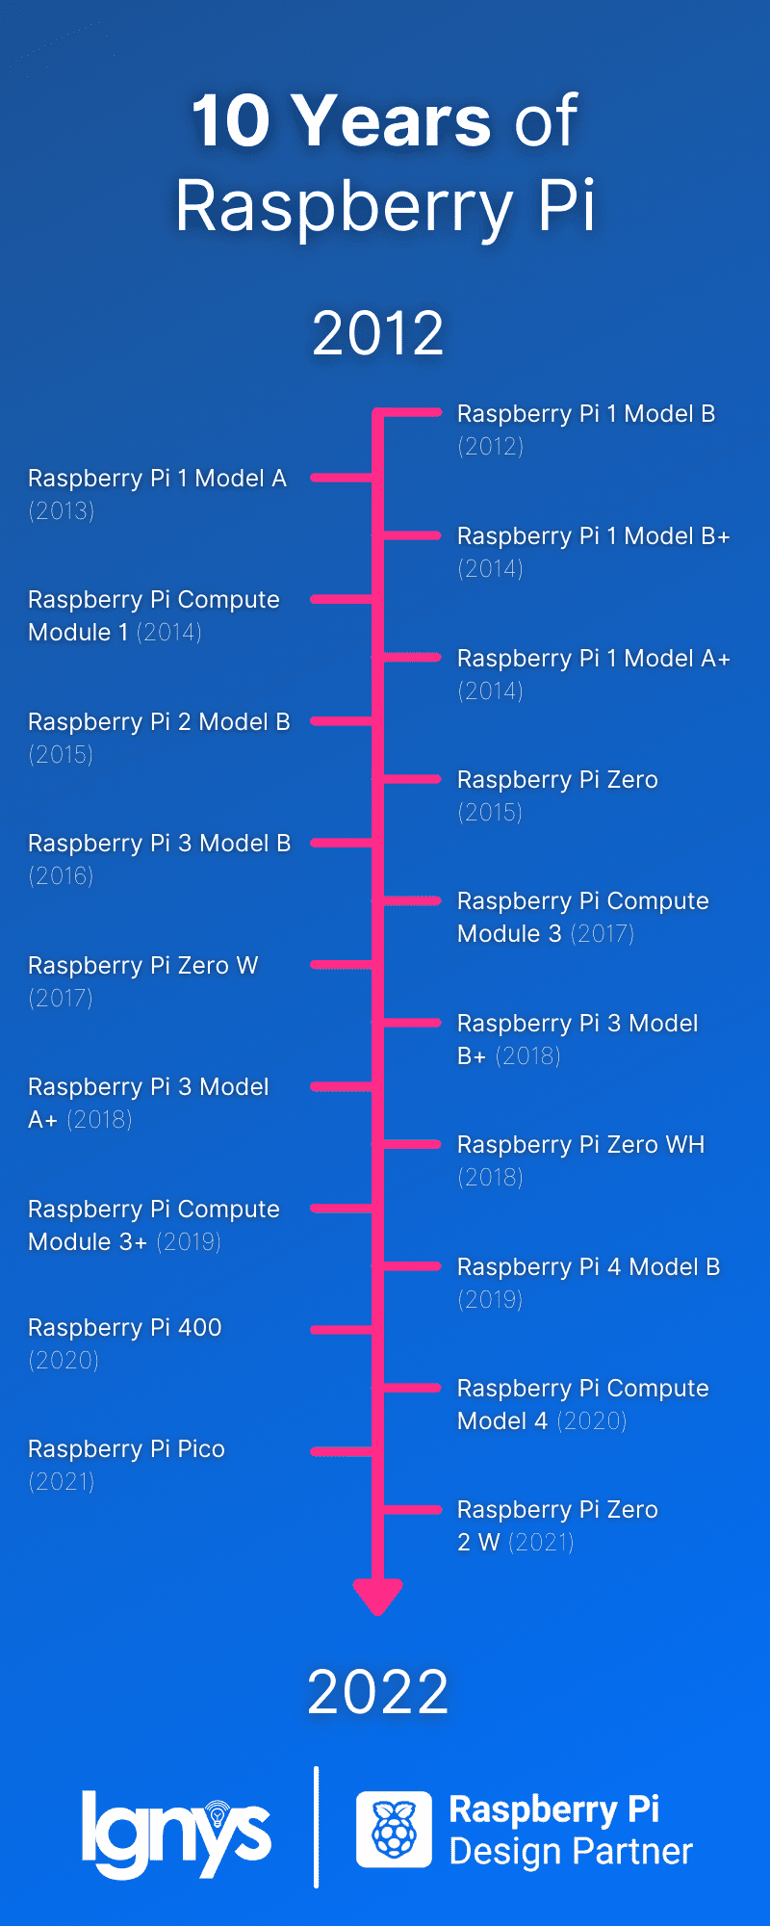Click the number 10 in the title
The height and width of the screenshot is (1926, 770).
click(x=231, y=121)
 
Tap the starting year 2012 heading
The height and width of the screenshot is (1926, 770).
click(x=378, y=333)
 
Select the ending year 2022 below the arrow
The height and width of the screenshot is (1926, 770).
click(x=378, y=1692)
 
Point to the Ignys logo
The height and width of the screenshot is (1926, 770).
click(x=176, y=1833)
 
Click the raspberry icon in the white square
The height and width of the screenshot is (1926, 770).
click(x=394, y=1829)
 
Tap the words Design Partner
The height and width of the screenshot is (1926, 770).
click(x=571, y=1851)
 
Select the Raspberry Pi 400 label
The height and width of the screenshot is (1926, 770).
click(x=125, y=1327)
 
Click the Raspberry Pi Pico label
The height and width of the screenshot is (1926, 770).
click(x=127, y=1448)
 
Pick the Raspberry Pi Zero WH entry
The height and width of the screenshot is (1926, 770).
click(x=581, y=1144)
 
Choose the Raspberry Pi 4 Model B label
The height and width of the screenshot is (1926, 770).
click(x=589, y=1266)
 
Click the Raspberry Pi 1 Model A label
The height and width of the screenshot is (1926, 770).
click(x=158, y=478)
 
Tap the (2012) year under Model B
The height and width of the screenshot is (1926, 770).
click(x=491, y=446)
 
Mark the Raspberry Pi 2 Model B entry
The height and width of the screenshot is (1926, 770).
click(x=160, y=721)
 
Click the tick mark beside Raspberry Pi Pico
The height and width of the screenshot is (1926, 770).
click(x=342, y=1451)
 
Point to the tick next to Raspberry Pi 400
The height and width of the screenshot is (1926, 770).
click(x=342, y=1330)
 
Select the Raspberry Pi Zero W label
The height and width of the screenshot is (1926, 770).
click(x=143, y=965)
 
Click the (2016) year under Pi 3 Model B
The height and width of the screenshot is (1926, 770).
click(x=62, y=875)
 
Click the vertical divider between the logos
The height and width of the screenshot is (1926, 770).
click(x=317, y=1827)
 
